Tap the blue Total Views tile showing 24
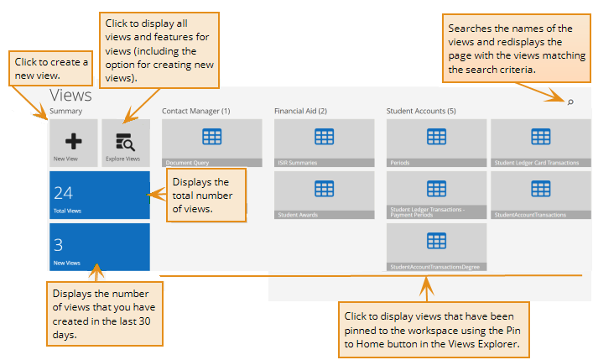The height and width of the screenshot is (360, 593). (x=99, y=196)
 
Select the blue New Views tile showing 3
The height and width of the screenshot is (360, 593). (x=99, y=247)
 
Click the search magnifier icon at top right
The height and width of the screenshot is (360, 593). (x=570, y=102)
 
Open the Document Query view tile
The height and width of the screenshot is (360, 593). (x=212, y=143)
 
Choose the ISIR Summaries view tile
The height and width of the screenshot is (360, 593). (x=324, y=143)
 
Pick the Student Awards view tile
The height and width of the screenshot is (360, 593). (x=324, y=195)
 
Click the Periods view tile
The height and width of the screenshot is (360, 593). (x=436, y=143)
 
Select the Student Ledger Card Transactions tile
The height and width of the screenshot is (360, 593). (x=540, y=143)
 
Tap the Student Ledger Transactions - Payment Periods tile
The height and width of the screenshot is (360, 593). (x=436, y=195)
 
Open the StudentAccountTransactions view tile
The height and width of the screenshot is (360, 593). (x=540, y=195)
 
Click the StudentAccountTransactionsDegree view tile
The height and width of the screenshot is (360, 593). (x=436, y=247)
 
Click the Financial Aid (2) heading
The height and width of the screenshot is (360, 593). (x=300, y=111)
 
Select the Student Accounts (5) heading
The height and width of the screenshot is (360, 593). (x=421, y=111)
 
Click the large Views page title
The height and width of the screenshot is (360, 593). (x=70, y=96)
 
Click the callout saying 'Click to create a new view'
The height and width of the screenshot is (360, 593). (x=51, y=70)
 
